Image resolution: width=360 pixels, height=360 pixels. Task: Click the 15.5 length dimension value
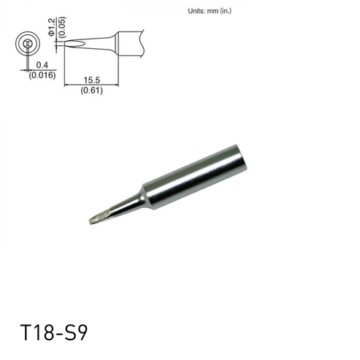coord(92,80)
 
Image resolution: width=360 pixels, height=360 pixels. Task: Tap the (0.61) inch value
coord(91,91)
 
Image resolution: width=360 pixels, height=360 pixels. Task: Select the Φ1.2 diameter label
coord(51,27)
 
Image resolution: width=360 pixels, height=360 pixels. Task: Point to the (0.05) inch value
coord(62,27)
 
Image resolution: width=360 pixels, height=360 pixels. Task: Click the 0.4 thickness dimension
coord(42,65)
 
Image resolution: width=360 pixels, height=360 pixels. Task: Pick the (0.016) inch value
coord(42,75)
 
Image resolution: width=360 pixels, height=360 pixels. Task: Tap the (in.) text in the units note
coord(226,11)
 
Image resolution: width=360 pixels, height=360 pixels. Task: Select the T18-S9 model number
coord(54,332)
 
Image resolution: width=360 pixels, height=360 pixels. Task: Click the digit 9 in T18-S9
coord(82,332)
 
